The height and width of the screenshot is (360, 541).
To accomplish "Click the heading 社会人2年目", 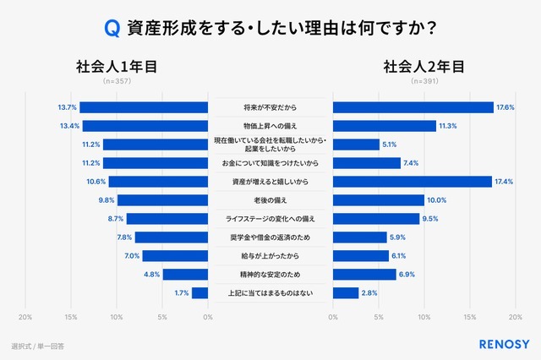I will click(424, 67).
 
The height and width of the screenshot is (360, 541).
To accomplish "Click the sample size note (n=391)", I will click(424, 83).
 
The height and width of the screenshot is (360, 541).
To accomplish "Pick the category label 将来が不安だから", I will click(270, 107).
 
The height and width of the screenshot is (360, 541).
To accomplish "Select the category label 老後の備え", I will click(270, 200).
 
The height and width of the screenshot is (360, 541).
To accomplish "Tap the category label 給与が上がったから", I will click(270, 256).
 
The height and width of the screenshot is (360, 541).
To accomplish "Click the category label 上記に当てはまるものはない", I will click(270, 293).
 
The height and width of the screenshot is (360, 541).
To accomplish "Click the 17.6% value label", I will click(505, 107).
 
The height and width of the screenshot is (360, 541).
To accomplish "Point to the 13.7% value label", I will click(68, 107).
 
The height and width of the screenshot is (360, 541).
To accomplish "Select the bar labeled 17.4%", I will click(413, 182).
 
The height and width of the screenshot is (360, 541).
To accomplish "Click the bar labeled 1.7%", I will click(199, 293).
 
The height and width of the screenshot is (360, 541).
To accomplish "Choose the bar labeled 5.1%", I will click(356, 145).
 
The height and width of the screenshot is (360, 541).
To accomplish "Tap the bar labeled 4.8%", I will click(185, 275).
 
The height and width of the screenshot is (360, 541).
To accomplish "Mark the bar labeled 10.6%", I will click(159, 182).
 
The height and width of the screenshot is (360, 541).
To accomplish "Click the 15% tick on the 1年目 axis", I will click(71, 317).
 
